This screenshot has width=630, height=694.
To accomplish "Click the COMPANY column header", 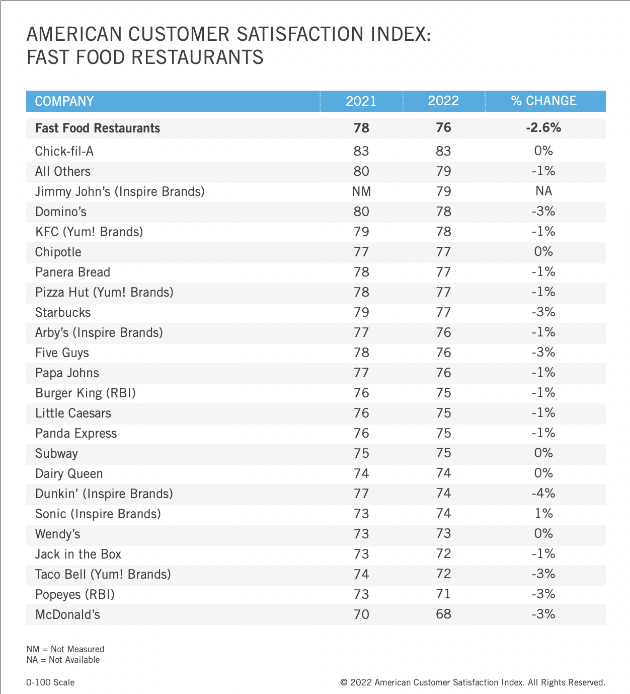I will pyautogui.click(x=64, y=101).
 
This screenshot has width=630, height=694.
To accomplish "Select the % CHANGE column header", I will pyautogui.click(x=543, y=101).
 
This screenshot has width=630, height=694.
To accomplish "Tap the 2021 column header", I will pyautogui.click(x=361, y=101).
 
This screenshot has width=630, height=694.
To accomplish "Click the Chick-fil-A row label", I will pyautogui.click(x=64, y=151).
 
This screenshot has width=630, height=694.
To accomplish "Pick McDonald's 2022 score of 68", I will pyautogui.click(x=443, y=614).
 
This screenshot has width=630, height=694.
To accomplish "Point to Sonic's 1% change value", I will pyautogui.click(x=543, y=513).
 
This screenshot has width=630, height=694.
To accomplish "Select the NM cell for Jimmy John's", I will pyautogui.click(x=361, y=191).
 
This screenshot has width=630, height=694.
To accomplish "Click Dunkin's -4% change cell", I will pyautogui.click(x=543, y=493).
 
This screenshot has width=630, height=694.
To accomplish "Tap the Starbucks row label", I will pyautogui.click(x=63, y=312).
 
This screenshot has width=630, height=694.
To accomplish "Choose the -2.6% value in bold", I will pyautogui.click(x=543, y=127).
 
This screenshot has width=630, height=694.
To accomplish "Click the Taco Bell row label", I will pyautogui.click(x=103, y=574).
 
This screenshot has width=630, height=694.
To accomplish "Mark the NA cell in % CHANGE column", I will pyautogui.click(x=543, y=191).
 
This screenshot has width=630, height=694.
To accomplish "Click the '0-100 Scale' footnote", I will pyautogui.click(x=50, y=682).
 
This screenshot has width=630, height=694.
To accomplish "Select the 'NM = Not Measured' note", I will pyautogui.click(x=65, y=649).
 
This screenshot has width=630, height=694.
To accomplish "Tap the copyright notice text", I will pyautogui.click(x=473, y=682).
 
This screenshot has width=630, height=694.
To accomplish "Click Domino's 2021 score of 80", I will pyautogui.click(x=361, y=212).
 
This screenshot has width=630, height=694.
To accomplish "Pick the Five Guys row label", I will pyautogui.click(x=62, y=353).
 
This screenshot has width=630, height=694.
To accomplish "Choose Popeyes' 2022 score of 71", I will pyautogui.click(x=443, y=594).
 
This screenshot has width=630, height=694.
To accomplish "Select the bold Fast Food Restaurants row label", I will pyautogui.click(x=98, y=128).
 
